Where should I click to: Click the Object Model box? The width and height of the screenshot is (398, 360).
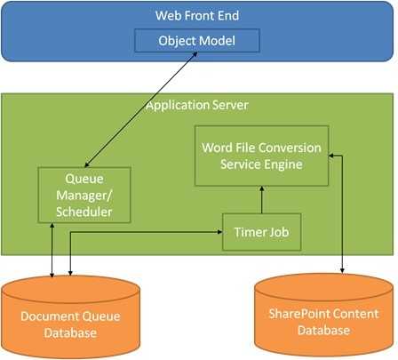(197, 41)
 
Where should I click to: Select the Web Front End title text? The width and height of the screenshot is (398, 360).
(197, 16)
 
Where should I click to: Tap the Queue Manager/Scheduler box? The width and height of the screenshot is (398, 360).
(84, 195)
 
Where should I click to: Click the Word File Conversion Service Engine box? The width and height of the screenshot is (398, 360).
(261, 156)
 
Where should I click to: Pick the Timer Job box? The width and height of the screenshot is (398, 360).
(262, 232)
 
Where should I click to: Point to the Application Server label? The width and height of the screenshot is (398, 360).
(197, 105)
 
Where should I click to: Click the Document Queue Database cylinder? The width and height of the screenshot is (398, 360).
(70, 317)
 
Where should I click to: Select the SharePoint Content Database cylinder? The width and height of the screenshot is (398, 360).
(323, 316)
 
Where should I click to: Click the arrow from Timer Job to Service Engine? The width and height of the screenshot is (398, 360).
(261, 200)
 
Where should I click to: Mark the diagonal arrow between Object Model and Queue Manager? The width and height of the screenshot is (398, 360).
(141, 109)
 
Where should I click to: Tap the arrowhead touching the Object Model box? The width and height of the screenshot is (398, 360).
(195, 54)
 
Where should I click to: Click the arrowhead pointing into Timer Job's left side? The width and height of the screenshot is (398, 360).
(219, 232)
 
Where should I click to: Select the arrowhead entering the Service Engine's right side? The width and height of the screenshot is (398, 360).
(331, 156)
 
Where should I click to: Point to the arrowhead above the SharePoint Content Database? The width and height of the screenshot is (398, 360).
(342, 270)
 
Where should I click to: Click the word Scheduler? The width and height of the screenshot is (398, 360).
(84, 212)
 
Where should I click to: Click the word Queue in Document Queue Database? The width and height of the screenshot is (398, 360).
(101, 316)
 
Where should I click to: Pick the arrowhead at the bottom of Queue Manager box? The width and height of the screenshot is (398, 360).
(52, 226)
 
